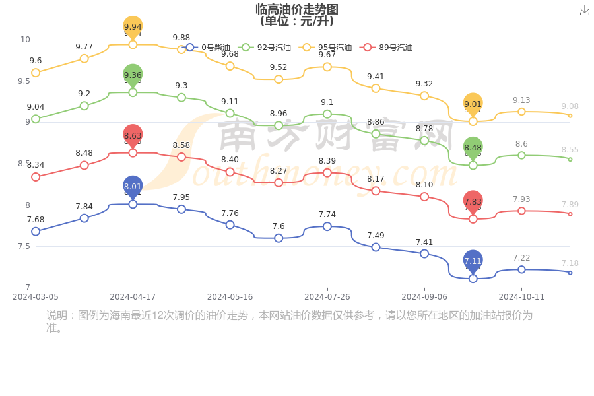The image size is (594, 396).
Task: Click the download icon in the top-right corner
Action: [x=585, y=11]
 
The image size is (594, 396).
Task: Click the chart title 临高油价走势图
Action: [x=297, y=9]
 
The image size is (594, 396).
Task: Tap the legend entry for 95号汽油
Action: [x=327, y=48]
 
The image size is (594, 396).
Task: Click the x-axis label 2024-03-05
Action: [x=36, y=297]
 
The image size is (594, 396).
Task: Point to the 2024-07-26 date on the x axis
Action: [x=327, y=297]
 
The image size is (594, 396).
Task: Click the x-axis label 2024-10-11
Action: [x=521, y=297]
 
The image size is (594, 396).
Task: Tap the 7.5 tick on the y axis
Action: [x=24, y=246]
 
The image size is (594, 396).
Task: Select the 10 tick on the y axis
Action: [x=25, y=40]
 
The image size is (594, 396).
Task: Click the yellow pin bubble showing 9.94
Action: [x=133, y=27]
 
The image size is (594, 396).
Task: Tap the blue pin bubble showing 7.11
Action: [x=473, y=261]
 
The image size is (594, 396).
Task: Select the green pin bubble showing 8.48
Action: [x=473, y=148]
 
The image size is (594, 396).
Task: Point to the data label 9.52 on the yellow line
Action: [x=279, y=67]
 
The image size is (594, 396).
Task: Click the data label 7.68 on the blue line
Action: [x=36, y=220]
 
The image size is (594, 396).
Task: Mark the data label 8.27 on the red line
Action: [x=279, y=171]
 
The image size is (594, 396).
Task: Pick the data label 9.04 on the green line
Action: [x=36, y=107]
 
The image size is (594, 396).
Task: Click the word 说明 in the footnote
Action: [x=57, y=315]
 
